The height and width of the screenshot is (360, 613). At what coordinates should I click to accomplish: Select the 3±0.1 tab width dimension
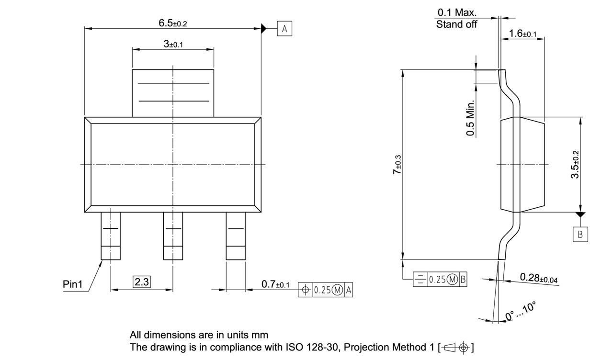click(173, 44)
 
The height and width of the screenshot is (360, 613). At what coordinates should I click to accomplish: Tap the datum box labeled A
click(284, 29)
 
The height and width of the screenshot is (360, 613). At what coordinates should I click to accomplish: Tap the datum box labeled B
click(580, 234)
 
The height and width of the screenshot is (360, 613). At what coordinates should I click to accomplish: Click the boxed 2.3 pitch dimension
click(142, 282)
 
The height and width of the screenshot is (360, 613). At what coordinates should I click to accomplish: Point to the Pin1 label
click(73, 284)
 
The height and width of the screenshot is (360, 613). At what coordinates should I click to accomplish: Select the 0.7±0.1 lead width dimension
click(275, 284)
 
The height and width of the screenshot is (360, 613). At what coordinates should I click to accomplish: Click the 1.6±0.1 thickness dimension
click(523, 34)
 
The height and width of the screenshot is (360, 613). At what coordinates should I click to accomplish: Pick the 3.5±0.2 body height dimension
click(575, 165)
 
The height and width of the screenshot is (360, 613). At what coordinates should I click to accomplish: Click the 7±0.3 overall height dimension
click(397, 165)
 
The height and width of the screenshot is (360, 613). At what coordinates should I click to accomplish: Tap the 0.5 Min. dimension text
click(471, 118)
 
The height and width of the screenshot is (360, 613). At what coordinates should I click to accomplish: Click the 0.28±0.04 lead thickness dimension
click(538, 278)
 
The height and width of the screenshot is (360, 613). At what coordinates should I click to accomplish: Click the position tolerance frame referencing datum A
click(326, 290)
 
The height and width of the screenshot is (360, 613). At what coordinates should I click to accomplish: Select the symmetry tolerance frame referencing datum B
click(440, 280)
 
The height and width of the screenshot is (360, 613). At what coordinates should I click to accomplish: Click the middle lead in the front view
click(173, 236)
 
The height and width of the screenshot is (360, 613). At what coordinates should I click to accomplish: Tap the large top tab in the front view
click(173, 93)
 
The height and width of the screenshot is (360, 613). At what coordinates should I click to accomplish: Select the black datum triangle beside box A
click(263, 29)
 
